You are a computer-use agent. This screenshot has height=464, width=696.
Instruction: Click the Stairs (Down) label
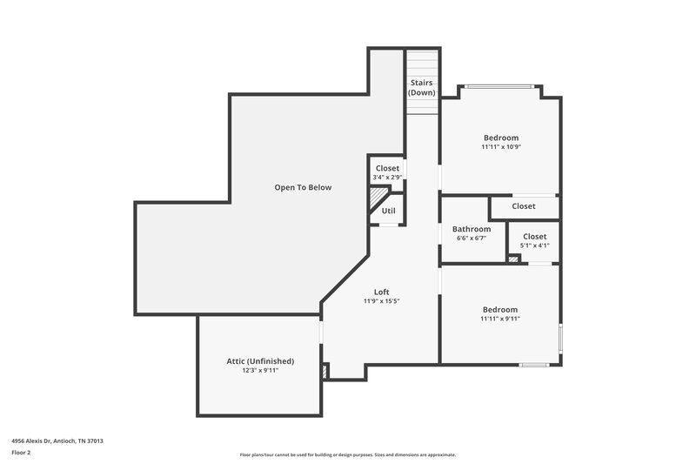(x=422, y=88)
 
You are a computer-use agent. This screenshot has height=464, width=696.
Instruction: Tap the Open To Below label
(x=303, y=187)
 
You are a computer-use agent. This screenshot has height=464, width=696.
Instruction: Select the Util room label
(x=388, y=211)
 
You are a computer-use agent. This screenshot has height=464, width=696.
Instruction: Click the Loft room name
(x=381, y=292)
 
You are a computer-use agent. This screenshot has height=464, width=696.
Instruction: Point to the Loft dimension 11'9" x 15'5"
(x=381, y=301)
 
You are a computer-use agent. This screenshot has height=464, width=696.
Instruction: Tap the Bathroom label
(x=472, y=229)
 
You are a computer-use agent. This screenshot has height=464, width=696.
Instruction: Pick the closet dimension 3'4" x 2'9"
(x=387, y=178)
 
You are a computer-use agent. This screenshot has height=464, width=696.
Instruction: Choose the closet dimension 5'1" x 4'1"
(x=534, y=245)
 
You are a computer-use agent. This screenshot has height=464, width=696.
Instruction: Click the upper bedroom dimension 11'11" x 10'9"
(x=501, y=147)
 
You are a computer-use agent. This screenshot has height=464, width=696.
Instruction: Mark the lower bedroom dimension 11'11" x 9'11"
(x=500, y=319)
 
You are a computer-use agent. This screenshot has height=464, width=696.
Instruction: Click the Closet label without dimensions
(x=524, y=206)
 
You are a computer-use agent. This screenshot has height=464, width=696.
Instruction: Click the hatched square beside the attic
(x=325, y=372)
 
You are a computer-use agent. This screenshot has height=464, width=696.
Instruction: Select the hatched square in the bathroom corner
(x=513, y=258)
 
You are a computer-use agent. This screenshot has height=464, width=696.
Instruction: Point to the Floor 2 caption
(x=22, y=453)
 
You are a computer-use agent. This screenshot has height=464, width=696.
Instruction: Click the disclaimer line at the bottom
(x=348, y=454)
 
